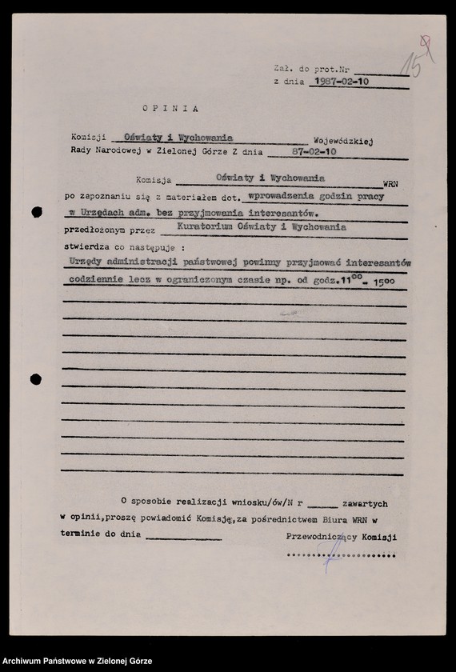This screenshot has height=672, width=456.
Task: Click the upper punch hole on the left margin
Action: pyautogui.click(x=37, y=212)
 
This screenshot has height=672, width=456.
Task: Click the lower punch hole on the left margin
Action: pyautogui.click(x=36, y=378)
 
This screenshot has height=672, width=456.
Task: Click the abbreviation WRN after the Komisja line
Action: pyautogui.click(x=390, y=184)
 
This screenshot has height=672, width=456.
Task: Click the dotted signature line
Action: pyautogui.click(x=340, y=554)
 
